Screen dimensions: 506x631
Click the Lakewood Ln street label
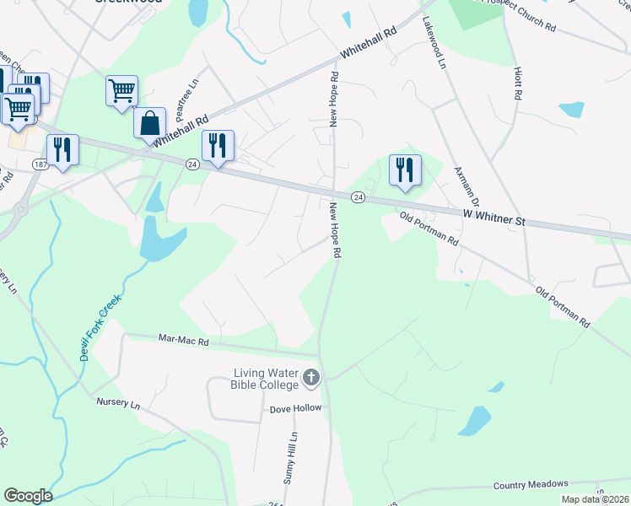(x=434, y=43)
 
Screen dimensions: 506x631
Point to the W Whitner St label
(x=494, y=218)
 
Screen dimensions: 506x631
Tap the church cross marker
(x=311, y=378)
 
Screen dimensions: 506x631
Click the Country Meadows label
(x=531, y=484)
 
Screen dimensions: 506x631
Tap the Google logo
(x=28, y=496)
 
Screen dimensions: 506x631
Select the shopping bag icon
(x=149, y=122)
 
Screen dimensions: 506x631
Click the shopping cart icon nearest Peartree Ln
(x=121, y=90)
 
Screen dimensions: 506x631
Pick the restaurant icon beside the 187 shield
(x=62, y=149)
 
